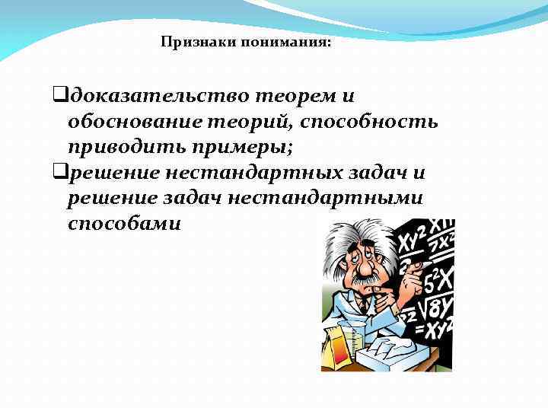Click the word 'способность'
(365, 122)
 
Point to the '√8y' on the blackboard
(435, 308)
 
